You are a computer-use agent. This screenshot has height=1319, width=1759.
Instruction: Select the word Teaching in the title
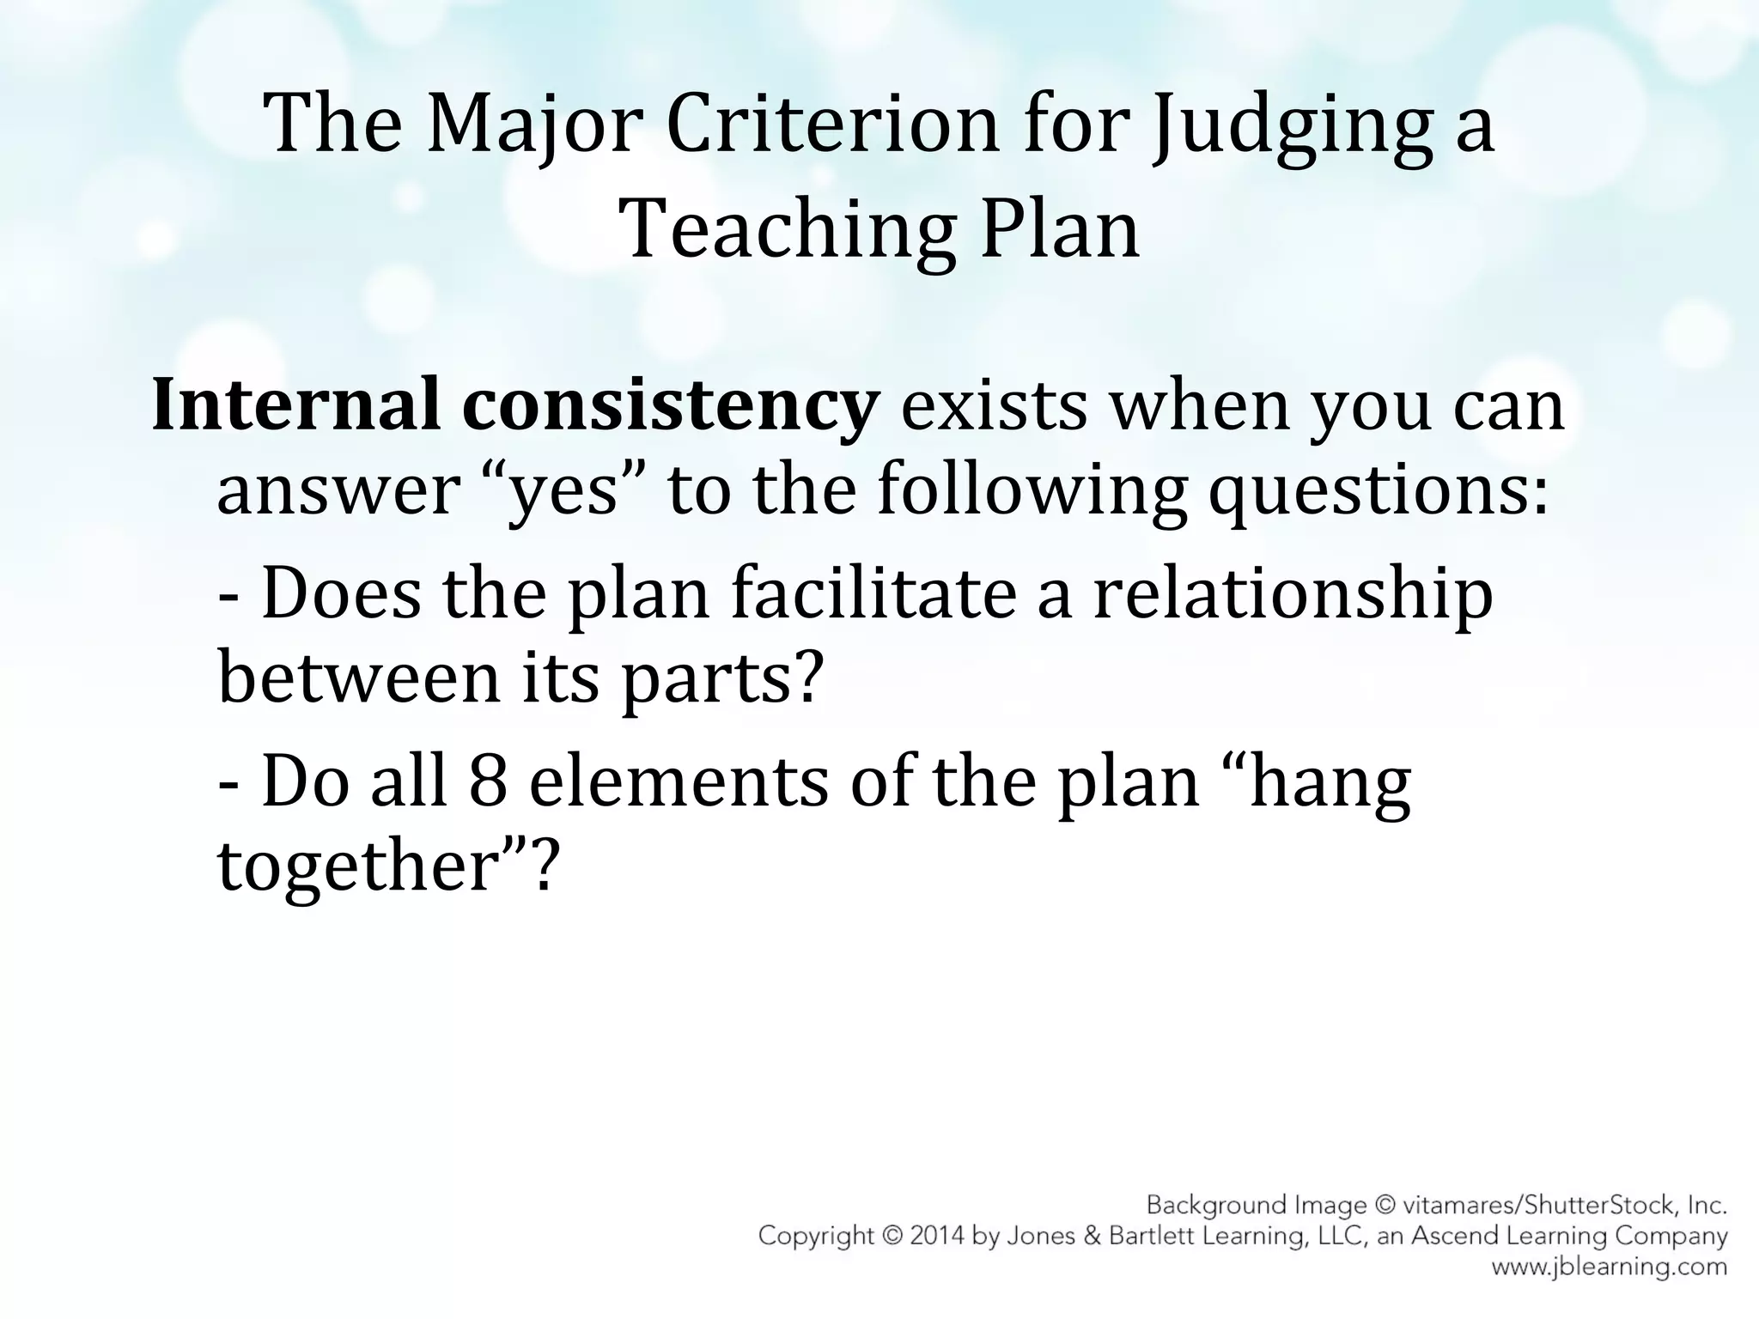(x=787, y=231)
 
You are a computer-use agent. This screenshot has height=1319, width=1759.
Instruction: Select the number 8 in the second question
(x=489, y=782)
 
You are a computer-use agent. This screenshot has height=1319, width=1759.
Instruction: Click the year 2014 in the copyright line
(x=928, y=1237)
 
